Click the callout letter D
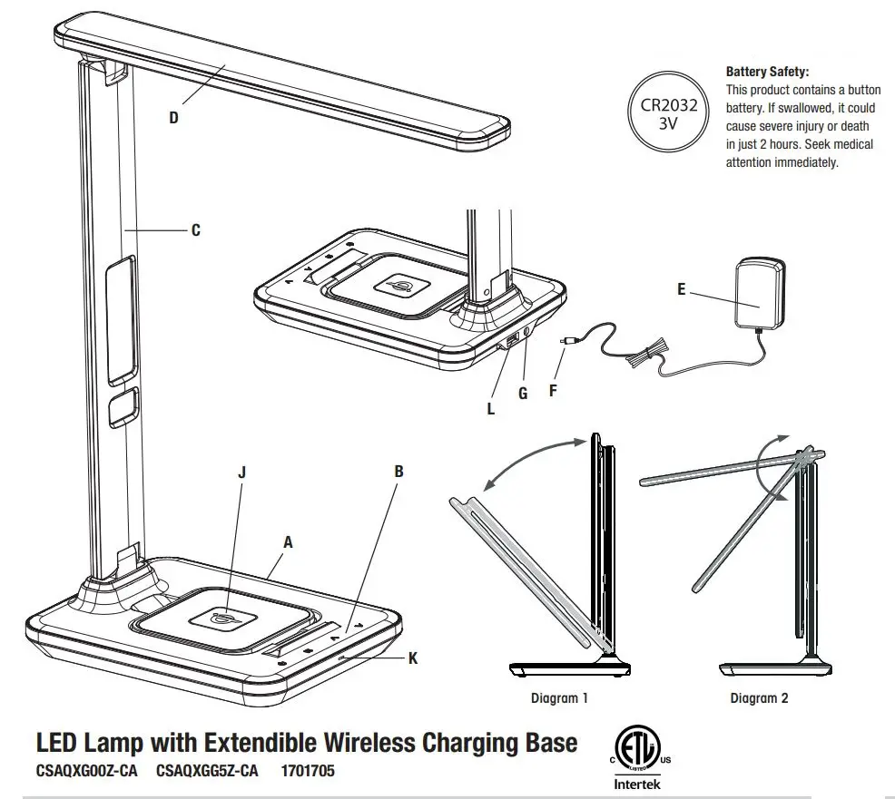coord(173,117)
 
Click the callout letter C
coord(196,230)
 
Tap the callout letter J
coord(241,473)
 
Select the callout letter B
coord(398,472)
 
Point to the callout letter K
coord(413,658)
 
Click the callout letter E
coord(682,290)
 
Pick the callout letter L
coord(491,409)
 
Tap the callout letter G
coord(522,393)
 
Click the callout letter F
coord(553,392)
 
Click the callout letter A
coord(289,541)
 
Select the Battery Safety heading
coord(767,72)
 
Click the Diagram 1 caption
coord(559,698)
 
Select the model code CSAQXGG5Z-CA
coord(207,772)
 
